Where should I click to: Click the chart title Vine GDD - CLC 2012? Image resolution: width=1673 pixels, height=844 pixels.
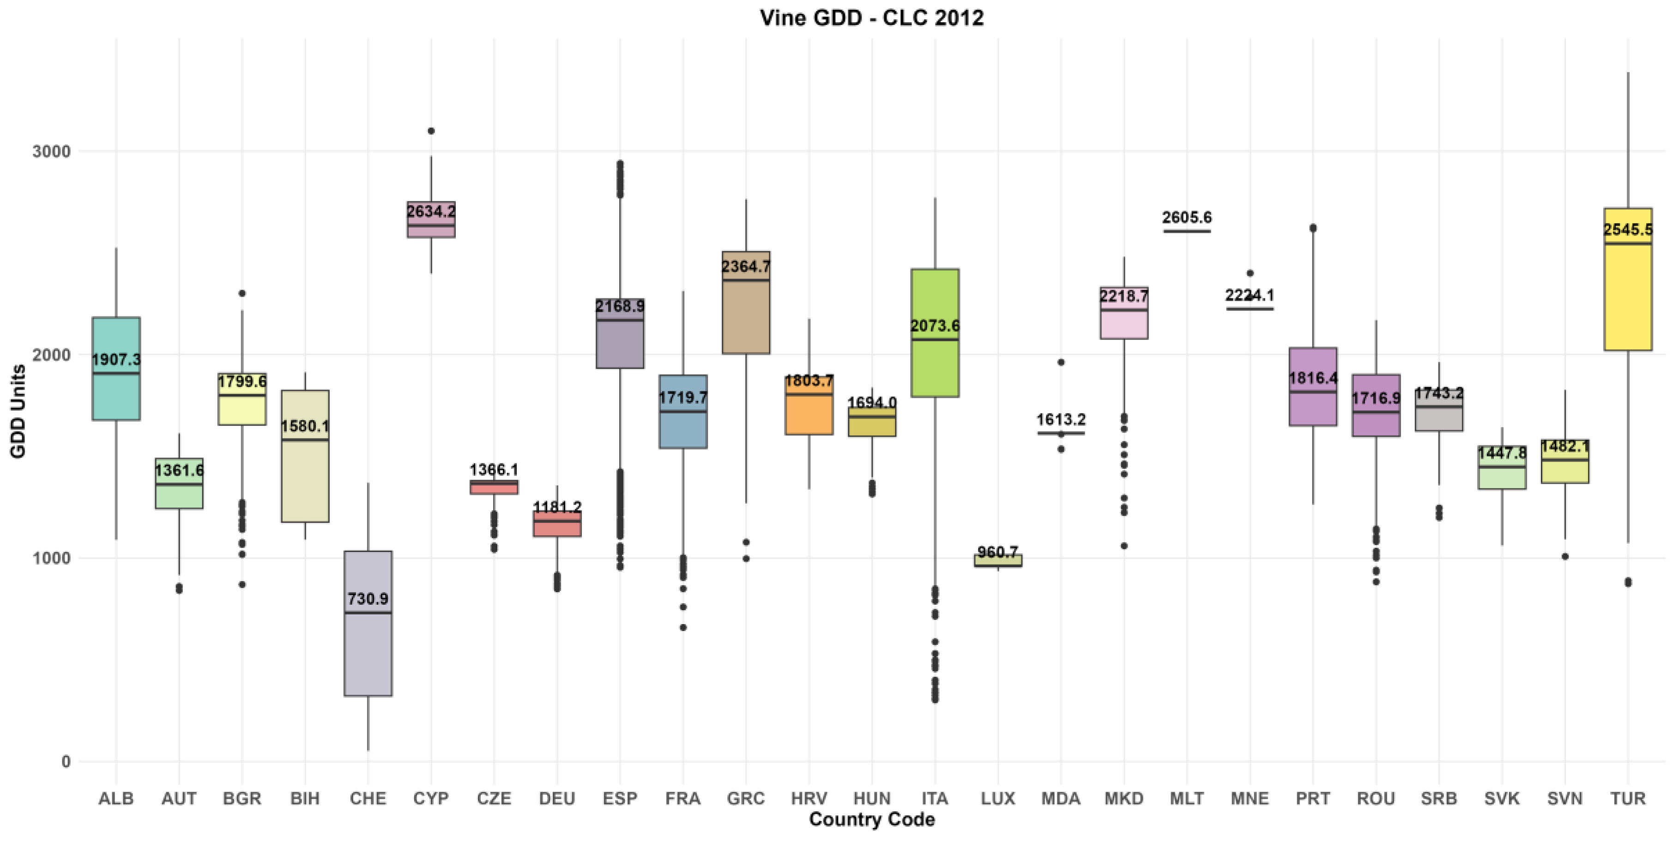pyautogui.click(x=871, y=18)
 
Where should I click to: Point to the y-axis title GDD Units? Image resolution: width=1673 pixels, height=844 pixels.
pyautogui.click(x=18, y=411)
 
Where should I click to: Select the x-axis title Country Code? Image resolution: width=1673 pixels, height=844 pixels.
pyautogui.click(x=871, y=820)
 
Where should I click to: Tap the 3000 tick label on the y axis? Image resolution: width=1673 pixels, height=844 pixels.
pyautogui.click(x=51, y=152)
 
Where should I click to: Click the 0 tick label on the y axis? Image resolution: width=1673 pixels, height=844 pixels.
pyautogui.click(x=66, y=761)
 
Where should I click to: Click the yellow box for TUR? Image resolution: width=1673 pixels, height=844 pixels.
pyautogui.click(x=1628, y=279)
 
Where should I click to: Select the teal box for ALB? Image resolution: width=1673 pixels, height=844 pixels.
pyautogui.click(x=116, y=368)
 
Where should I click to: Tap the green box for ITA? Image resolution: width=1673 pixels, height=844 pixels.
pyautogui.click(x=935, y=333)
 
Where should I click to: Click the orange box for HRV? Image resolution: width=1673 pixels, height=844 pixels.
pyautogui.click(x=809, y=404)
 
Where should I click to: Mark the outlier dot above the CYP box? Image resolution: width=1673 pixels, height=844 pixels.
pyautogui.click(x=430, y=131)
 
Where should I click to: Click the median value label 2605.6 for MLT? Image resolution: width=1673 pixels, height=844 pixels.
pyautogui.click(x=1187, y=217)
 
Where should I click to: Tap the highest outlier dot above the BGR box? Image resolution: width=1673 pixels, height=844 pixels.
pyautogui.click(x=242, y=293)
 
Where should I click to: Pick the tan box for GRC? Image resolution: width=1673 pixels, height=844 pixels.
pyautogui.click(x=746, y=302)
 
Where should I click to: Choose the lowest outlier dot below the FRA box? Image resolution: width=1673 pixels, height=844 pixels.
pyautogui.click(x=682, y=628)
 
